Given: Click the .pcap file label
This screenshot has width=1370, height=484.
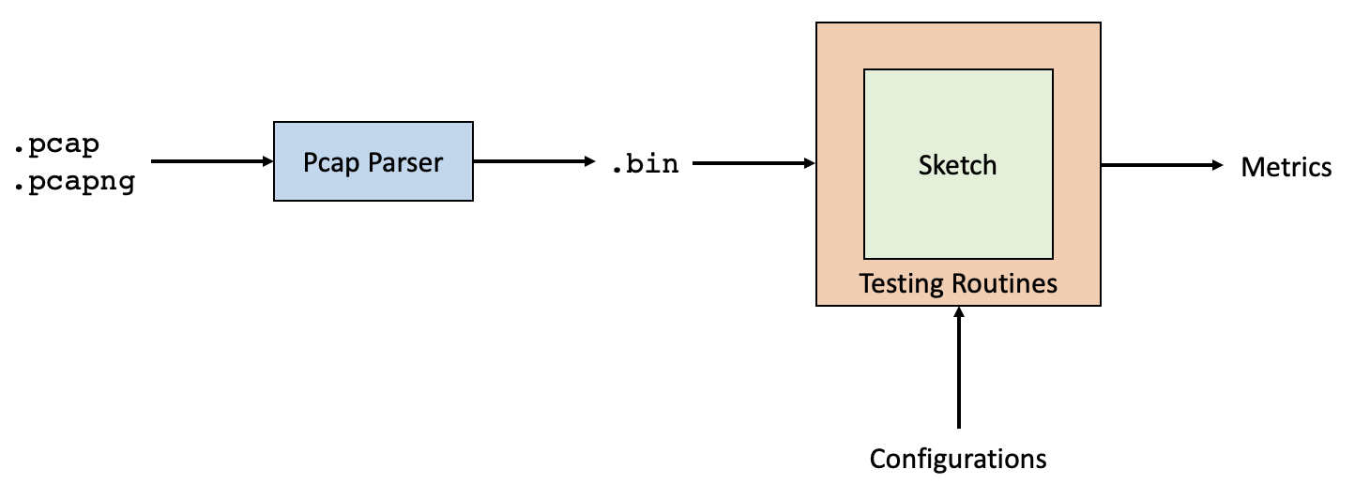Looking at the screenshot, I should (x=56, y=145).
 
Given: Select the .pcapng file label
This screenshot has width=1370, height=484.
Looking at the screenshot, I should (x=73, y=181).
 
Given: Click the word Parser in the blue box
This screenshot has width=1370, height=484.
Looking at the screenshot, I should (x=407, y=162).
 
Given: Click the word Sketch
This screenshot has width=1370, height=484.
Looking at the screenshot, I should (x=957, y=165).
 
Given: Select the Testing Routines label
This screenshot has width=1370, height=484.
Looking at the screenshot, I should (x=958, y=282).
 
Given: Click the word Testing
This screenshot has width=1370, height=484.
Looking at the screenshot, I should (x=903, y=282).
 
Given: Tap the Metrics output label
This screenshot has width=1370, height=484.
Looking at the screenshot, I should (x=1286, y=167).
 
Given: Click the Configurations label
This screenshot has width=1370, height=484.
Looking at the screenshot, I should (x=958, y=459).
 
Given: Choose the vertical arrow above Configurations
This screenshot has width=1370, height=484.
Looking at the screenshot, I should (x=958, y=371).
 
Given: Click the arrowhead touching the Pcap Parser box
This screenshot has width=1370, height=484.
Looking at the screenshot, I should (x=266, y=161).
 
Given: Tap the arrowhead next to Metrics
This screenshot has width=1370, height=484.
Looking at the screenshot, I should (x=1218, y=165).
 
